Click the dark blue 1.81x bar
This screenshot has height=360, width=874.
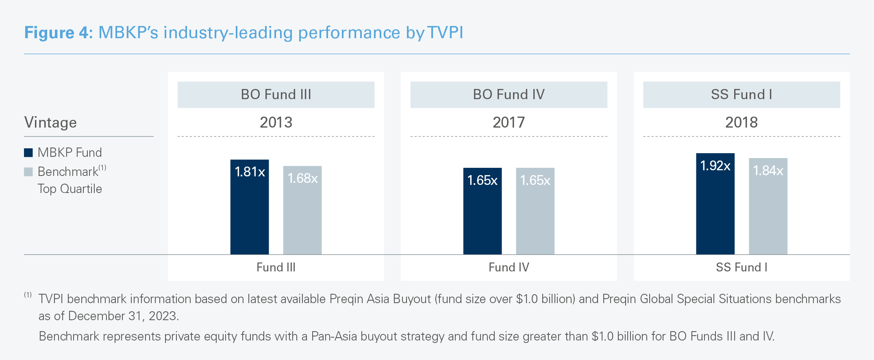point(249,207)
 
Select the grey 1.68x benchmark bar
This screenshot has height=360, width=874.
point(302,210)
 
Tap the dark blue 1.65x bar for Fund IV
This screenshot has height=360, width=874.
point(482,211)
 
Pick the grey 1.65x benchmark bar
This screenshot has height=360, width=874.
point(535,211)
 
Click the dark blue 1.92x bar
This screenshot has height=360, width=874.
point(715,204)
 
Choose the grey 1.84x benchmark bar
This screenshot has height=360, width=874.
point(768,206)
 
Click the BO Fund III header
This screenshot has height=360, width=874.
point(276,95)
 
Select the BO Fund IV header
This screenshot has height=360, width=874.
point(509,95)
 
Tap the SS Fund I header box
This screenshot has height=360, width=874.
point(741,95)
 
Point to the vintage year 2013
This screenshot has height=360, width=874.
point(276,122)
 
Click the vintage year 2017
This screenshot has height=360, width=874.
point(509,122)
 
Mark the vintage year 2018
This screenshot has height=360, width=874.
point(741,122)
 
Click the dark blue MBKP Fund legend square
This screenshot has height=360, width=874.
point(28,153)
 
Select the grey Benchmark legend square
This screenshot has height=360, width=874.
point(28,172)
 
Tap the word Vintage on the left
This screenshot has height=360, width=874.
point(50,122)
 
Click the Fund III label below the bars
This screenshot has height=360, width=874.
point(276,267)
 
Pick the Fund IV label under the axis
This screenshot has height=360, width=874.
point(509,267)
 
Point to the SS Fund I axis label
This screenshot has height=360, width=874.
point(741,267)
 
